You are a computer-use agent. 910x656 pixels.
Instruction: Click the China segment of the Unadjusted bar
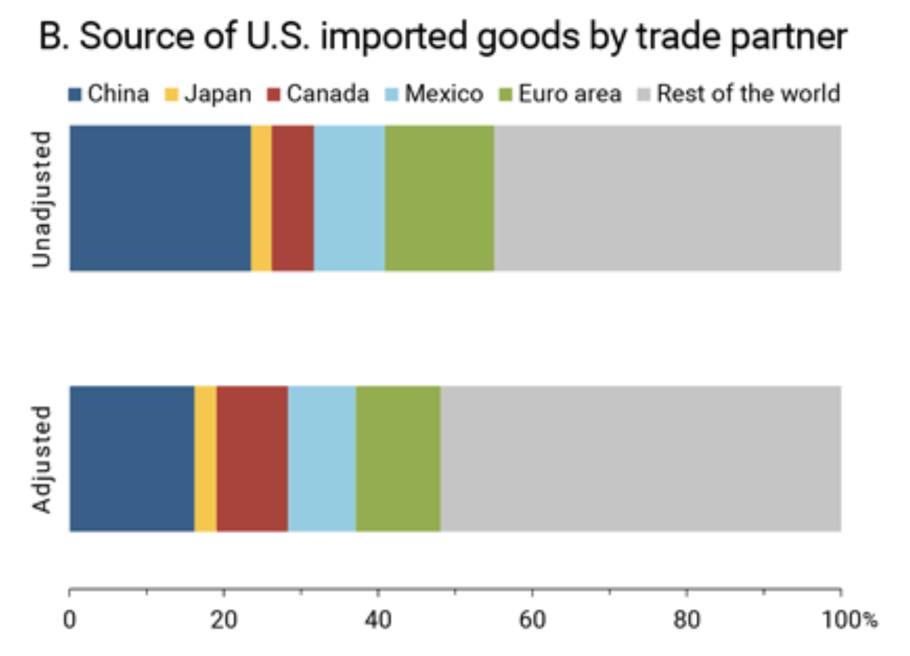160,198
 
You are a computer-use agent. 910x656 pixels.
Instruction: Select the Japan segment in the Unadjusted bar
261,198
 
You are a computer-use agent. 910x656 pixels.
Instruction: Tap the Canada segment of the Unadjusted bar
292,198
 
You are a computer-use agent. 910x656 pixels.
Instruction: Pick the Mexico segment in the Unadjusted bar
349,198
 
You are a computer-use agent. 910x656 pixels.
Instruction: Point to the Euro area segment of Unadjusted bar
439,198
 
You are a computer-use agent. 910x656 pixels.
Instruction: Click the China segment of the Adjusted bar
132,458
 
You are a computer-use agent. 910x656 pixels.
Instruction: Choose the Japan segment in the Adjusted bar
205,458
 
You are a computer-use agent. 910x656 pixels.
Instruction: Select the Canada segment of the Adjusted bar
252,458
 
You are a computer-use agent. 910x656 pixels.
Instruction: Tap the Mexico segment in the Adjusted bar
321,458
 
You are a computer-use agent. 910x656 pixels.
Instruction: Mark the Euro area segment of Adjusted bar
398,458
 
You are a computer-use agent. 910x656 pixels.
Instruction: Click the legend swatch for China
75,95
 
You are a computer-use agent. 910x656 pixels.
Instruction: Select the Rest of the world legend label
748,94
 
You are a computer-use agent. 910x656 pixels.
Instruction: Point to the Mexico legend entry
444,94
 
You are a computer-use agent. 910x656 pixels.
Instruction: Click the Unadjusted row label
42,199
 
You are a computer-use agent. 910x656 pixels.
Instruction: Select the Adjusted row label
42,460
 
